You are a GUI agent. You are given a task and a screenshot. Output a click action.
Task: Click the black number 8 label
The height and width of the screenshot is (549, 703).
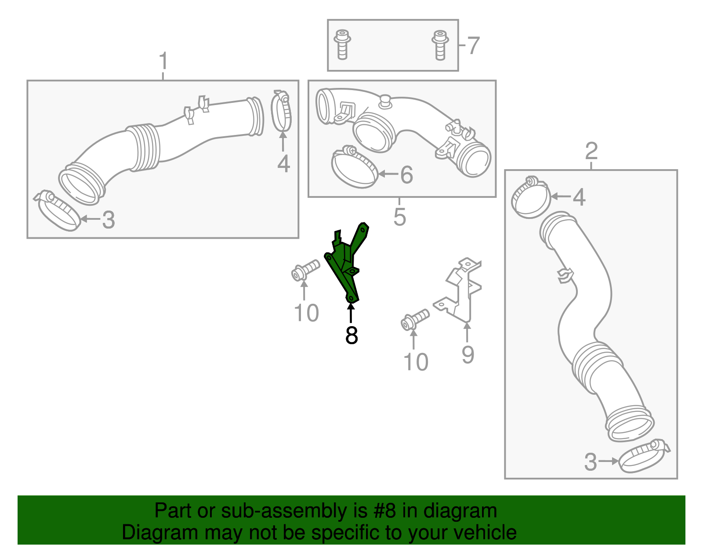pyautogui.click(x=351, y=335)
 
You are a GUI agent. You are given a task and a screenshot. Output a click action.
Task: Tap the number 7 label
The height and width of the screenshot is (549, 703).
pyautogui.click(x=473, y=46)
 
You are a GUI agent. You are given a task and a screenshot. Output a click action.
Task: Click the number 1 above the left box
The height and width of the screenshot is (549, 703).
pyautogui.click(x=163, y=61)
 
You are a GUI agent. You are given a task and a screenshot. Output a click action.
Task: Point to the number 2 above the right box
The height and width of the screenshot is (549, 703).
pyautogui.click(x=591, y=151)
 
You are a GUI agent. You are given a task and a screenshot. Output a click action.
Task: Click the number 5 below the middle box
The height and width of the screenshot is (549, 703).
pyautogui.click(x=399, y=217)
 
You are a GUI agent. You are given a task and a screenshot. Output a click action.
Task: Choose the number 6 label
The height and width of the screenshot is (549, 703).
pyautogui.click(x=406, y=175)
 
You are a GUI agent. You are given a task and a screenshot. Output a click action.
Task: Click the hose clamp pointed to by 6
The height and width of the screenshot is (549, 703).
pyautogui.click(x=354, y=168)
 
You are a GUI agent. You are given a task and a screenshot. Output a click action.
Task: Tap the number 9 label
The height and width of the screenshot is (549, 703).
pyautogui.click(x=467, y=355)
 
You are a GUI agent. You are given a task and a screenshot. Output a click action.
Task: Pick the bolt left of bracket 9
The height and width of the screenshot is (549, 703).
pyautogui.click(x=414, y=320)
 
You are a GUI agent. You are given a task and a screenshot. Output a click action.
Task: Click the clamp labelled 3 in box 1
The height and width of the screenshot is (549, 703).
pyautogui.click(x=57, y=210)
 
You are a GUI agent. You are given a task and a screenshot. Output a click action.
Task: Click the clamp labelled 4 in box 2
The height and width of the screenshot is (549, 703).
pyautogui.click(x=531, y=197)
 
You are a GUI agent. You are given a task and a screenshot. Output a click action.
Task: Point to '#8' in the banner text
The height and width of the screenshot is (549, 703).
pyautogui.click(x=385, y=511)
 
